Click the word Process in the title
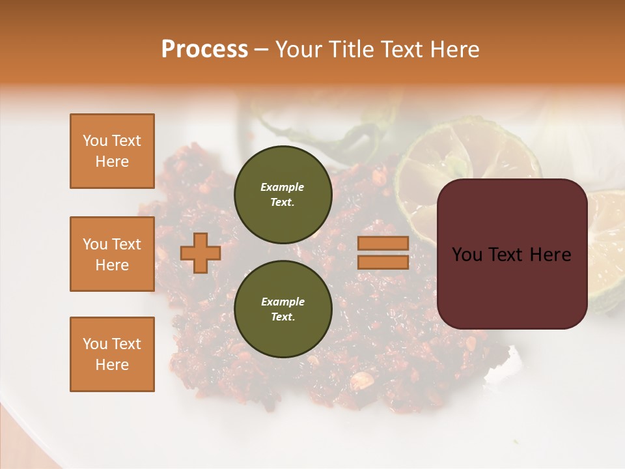click(204, 50)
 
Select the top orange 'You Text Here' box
click(112, 151)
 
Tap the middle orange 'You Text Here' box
click(112, 254)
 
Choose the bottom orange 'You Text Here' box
click(112, 354)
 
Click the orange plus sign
click(201, 253)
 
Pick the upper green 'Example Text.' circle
click(283, 194)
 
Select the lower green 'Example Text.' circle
click(283, 309)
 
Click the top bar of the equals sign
click(383, 243)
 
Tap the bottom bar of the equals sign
click(383, 262)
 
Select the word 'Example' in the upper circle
click(283, 187)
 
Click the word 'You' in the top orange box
click(94, 141)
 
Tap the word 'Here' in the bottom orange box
click(112, 365)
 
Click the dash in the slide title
click(261, 50)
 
